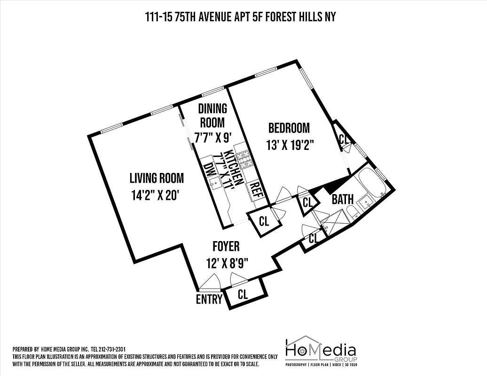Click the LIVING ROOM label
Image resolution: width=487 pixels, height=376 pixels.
(x=157, y=178)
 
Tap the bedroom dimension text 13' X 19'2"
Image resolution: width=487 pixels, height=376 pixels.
(x=290, y=145)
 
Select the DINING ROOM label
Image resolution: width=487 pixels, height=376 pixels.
(x=212, y=116)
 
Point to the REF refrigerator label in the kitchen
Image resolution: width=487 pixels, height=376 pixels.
(x=256, y=191)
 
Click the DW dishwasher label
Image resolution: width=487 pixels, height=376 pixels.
(x=207, y=171)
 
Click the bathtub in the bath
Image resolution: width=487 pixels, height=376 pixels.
(x=372, y=184)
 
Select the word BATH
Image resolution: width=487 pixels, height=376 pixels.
(x=342, y=199)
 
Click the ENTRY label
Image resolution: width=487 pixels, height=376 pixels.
(x=209, y=299)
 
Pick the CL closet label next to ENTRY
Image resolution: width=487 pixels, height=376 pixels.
(x=243, y=295)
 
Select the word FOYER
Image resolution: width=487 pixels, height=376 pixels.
(x=226, y=246)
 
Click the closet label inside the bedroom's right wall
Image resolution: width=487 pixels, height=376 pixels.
(x=344, y=140)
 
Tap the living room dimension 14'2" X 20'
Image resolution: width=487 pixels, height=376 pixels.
(x=155, y=195)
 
